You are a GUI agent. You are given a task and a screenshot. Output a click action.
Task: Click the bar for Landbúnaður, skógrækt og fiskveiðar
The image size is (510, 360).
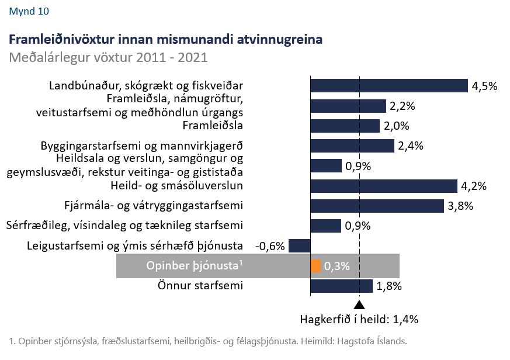[x=389, y=86]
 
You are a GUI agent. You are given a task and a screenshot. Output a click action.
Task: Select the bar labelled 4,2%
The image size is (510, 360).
[x=383, y=186]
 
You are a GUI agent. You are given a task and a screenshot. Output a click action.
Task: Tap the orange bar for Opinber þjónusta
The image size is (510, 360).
[x=316, y=266]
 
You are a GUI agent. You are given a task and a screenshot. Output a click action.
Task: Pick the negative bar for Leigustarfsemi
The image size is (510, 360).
[x=299, y=245]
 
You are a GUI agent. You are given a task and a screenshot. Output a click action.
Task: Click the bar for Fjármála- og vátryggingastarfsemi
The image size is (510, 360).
[x=377, y=206]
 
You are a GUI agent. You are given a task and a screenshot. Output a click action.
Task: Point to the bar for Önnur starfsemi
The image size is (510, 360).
[x=341, y=286]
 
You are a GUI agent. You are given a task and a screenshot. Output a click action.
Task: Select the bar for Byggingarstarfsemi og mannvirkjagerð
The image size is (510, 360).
[x=352, y=146]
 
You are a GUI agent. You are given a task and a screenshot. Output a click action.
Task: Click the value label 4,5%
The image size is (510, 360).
[x=484, y=86]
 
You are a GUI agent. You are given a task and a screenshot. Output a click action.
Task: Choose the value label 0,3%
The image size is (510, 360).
[x=336, y=266]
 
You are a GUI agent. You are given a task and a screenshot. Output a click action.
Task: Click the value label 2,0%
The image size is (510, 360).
[x=396, y=126]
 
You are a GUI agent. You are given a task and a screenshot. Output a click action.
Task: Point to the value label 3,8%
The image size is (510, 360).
[x=460, y=206]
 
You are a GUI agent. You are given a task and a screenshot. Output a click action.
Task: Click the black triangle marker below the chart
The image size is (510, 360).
[x=359, y=304]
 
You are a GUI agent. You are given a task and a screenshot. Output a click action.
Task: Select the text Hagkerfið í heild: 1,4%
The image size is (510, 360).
[x=359, y=320]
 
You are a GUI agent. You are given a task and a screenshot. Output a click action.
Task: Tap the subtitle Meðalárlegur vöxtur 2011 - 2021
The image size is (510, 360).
[x=108, y=58]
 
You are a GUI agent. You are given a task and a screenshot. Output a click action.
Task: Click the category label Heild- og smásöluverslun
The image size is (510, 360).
[x=176, y=186]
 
